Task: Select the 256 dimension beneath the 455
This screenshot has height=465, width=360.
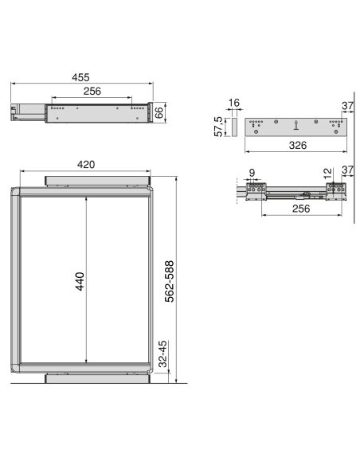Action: [92, 92]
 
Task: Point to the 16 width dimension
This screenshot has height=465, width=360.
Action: [234, 104]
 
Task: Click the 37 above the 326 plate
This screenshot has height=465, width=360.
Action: [347, 105]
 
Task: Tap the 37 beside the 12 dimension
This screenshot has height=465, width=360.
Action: [347, 171]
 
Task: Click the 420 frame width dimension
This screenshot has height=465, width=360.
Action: [86, 164]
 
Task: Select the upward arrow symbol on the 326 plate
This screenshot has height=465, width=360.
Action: [295, 124]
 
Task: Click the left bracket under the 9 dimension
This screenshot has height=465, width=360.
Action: [256, 190]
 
